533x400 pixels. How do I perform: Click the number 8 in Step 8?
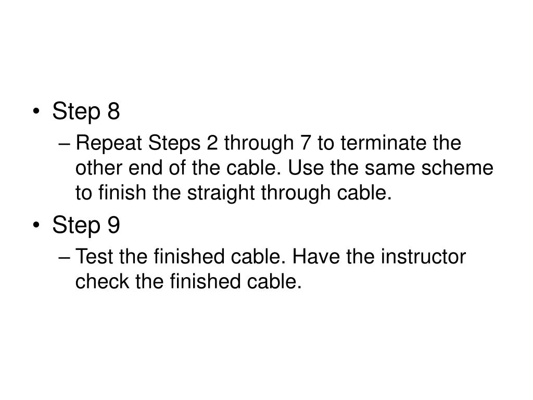(x=114, y=111)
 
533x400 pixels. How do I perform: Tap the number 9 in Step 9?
(x=114, y=226)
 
